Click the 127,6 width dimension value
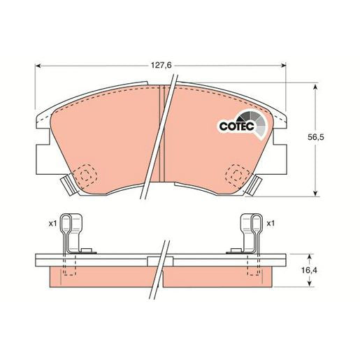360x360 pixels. tap(161, 66)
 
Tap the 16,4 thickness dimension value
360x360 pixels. tap(310, 271)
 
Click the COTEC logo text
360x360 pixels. tap(236, 127)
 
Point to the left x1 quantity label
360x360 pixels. tap(52, 224)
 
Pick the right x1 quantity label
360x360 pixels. tap(271, 224)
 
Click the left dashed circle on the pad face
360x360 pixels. tap(85, 175)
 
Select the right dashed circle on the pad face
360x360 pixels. tap(237, 175)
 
